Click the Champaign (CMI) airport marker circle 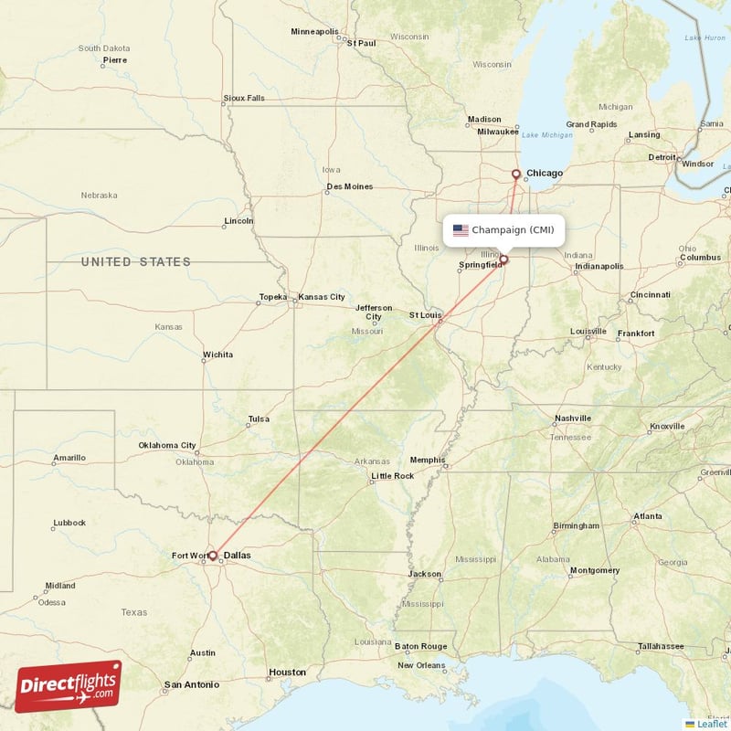[x=503, y=260]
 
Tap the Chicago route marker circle [x=516, y=174]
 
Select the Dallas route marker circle [x=213, y=555]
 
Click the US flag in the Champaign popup [x=461, y=230]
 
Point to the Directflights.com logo [x=69, y=686]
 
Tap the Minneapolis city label [x=314, y=31]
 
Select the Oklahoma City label [x=167, y=446]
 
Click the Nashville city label [x=572, y=418]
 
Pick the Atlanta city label [x=648, y=517]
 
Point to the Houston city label [x=287, y=673]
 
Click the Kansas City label [x=322, y=297]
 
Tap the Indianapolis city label [x=599, y=267]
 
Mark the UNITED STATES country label [x=135, y=262]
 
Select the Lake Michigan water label [x=547, y=135]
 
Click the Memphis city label [x=427, y=460]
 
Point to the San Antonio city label [x=191, y=684]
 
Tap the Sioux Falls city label [x=244, y=98]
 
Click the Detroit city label [x=662, y=157]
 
